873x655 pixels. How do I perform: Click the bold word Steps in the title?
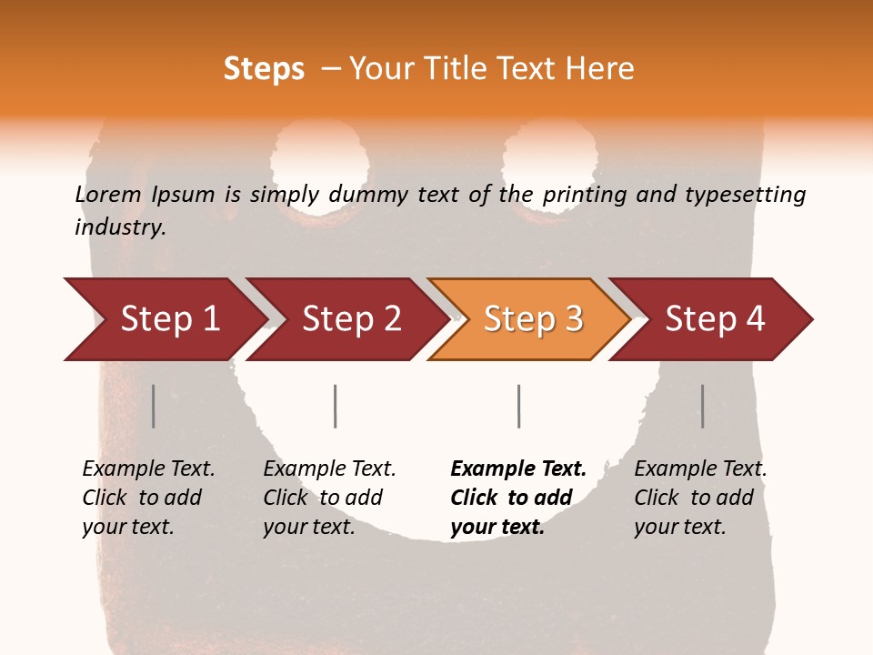point(264,69)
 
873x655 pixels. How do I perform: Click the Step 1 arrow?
point(170,319)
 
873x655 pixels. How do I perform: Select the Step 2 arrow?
point(352,319)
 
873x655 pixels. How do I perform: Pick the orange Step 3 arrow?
point(533,319)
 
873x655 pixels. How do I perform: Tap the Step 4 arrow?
point(715,319)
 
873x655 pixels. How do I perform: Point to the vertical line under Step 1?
point(154,406)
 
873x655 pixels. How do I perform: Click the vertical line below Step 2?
point(336,406)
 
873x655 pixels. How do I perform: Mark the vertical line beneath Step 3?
point(518,406)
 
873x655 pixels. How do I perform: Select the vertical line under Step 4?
point(702,406)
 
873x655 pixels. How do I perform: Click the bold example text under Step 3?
point(518,498)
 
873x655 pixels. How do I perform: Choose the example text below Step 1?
point(148,498)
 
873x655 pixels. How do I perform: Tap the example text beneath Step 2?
point(329,498)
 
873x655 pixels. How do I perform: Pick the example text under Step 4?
point(700,498)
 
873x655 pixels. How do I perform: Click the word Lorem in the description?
point(108,194)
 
